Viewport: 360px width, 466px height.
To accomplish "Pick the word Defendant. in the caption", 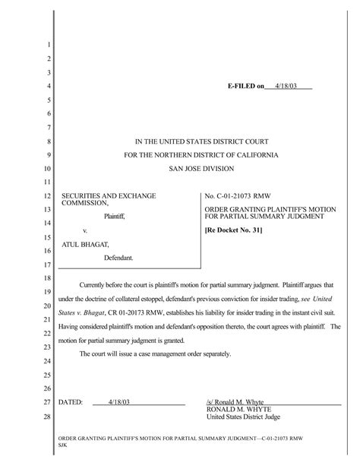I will click(118, 258).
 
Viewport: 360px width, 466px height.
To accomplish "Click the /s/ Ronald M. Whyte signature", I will click(232, 401).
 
